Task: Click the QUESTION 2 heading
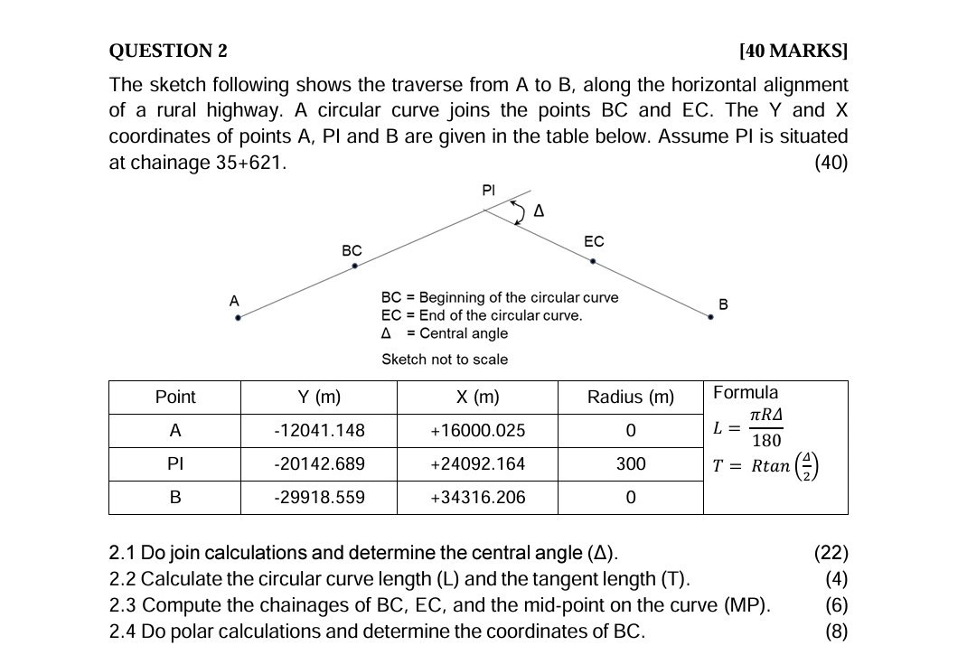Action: pyautogui.click(x=168, y=51)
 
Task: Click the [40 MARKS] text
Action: pyautogui.click(x=793, y=51)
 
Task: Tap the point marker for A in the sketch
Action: pyautogui.click(x=238, y=317)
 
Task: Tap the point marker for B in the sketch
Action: pyautogui.click(x=710, y=317)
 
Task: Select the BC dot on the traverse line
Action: pyautogui.click(x=354, y=267)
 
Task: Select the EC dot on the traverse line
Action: pyautogui.click(x=593, y=261)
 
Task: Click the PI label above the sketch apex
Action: pyautogui.click(x=489, y=190)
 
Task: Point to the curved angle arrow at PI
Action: pyautogui.click(x=518, y=211)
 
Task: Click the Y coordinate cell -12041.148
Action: pyautogui.click(x=319, y=431)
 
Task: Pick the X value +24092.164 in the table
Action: pyautogui.click(x=477, y=464)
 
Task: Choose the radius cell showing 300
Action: pyautogui.click(x=630, y=464)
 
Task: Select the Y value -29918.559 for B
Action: pyautogui.click(x=319, y=498)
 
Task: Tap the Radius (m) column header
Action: pyautogui.click(x=630, y=397)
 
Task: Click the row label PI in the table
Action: pyautogui.click(x=175, y=464)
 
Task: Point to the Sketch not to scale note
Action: pyautogui.click(x=445, y=360)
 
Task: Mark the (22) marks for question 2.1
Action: pyautogui.click(x=831, y=554)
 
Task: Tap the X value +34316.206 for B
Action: pyautogui.click(x=477, y=498)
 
